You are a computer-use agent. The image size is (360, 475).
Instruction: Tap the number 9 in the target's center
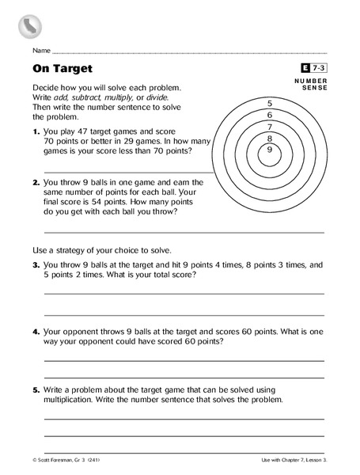[x=270, y=149]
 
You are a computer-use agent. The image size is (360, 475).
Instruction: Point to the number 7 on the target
[x=270, y=127]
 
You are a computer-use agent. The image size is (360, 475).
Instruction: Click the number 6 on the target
[x=270, y=116]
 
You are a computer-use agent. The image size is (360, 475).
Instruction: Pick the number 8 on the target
[x=270, y=138]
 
